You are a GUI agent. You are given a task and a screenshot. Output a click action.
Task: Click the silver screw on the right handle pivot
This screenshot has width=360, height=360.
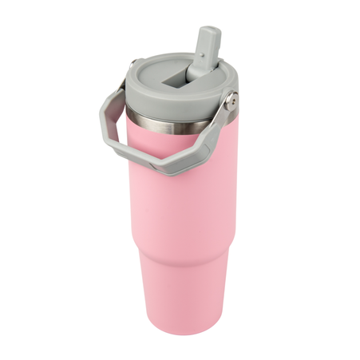point(231,101)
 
